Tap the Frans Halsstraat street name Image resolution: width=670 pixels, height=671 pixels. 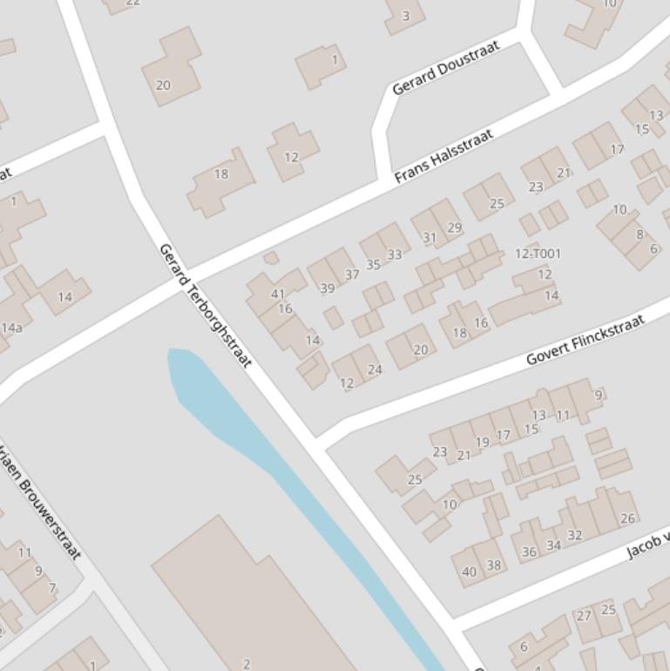click(443, 156)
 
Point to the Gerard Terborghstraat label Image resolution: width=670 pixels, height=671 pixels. click(206, 305)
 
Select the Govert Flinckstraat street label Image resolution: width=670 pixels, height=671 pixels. click(585, 339)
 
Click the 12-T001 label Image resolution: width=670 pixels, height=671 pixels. click(538, 254)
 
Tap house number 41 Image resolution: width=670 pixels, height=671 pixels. click(278, 295)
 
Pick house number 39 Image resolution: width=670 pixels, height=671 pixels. click(328, 288)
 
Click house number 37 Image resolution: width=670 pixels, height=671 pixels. click(352, 274)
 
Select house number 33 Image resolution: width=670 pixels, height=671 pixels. click(395, 254)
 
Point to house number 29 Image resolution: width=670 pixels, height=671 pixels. click(454, 227)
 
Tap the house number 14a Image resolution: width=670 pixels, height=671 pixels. click(12, 328)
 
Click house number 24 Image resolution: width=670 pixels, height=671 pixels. click(375, 369)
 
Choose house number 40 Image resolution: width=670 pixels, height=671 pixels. click(469, 572)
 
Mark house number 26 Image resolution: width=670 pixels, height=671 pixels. click(627, 518)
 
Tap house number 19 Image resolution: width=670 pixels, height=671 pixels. click(482, 442)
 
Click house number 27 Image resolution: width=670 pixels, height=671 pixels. click(583, 615)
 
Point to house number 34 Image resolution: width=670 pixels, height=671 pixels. click(553, 546)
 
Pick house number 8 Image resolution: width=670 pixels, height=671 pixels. click(640, 234)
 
